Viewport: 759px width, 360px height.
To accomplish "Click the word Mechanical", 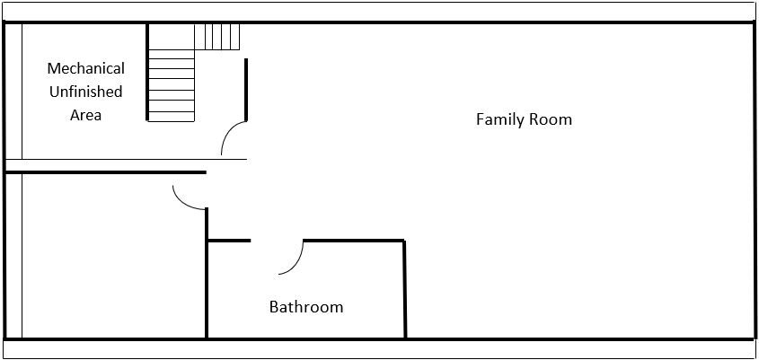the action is (x=85, y=68).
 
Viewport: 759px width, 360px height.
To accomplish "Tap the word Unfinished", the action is (x=85, y=92).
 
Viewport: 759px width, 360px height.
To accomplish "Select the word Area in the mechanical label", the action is (x=85, y=115).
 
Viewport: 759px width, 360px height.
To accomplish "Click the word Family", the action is (x=499, y=119).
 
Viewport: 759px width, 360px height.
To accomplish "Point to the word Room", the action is (x=549, y=119).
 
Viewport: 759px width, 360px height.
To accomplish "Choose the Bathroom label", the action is (x=306, y=307).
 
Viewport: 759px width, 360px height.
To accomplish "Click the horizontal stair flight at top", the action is (x=217, y=37).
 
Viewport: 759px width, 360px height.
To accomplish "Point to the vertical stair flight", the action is (x=172, y=85).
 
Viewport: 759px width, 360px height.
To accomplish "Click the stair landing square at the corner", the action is (x=172, y=37).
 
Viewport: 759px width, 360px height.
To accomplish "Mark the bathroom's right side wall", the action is (x=405, y=289).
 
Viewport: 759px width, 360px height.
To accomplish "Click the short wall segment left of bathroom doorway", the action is (x=229, y=241).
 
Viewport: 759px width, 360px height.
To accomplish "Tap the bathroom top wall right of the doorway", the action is (x=354, y=240).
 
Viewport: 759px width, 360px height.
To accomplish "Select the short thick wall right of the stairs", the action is (x=246, y=90).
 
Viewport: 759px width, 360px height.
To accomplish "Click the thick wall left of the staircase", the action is (x=147, y=72).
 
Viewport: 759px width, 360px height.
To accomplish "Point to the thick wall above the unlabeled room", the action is (x=105, y=172).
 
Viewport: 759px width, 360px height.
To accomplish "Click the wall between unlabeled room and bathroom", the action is (x=207, y=273).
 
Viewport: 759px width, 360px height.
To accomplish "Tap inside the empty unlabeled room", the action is (x=111, y=257).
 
